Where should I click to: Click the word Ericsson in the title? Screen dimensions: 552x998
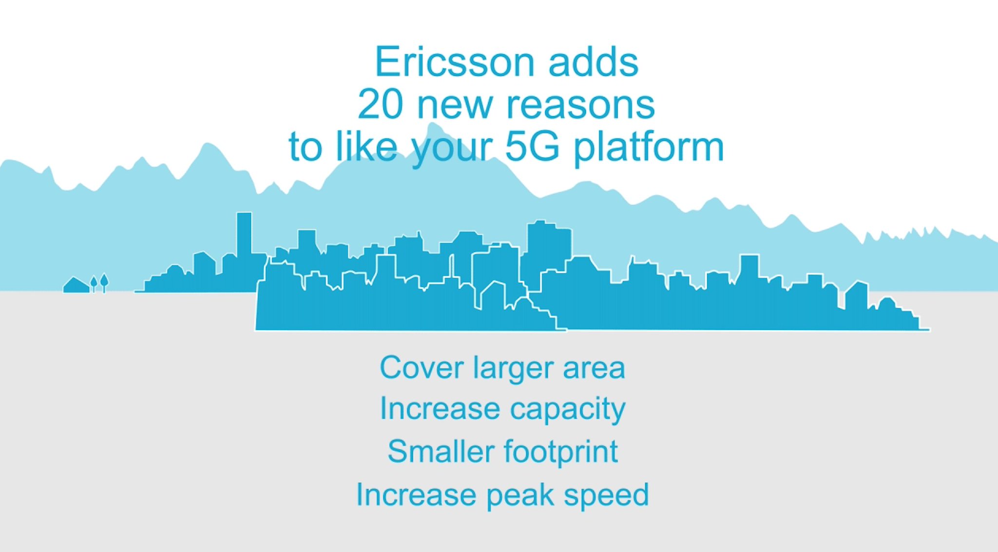(x=454, y=62)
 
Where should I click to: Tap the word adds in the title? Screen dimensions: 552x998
(x=593, y=62)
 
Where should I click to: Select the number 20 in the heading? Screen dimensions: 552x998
(x=380, y=104)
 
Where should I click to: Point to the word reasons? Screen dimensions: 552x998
(x=580, y=105)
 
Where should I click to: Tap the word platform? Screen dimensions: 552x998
(x=648, y=148)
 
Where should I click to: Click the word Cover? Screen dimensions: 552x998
(x=421, y=367)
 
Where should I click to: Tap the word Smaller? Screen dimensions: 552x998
(x=440, y=452)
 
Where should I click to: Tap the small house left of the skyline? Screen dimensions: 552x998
(x=76, y=286)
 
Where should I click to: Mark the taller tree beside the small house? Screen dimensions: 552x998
(x=104, y=282)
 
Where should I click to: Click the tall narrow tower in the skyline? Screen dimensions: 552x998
(x=244, y=234)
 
